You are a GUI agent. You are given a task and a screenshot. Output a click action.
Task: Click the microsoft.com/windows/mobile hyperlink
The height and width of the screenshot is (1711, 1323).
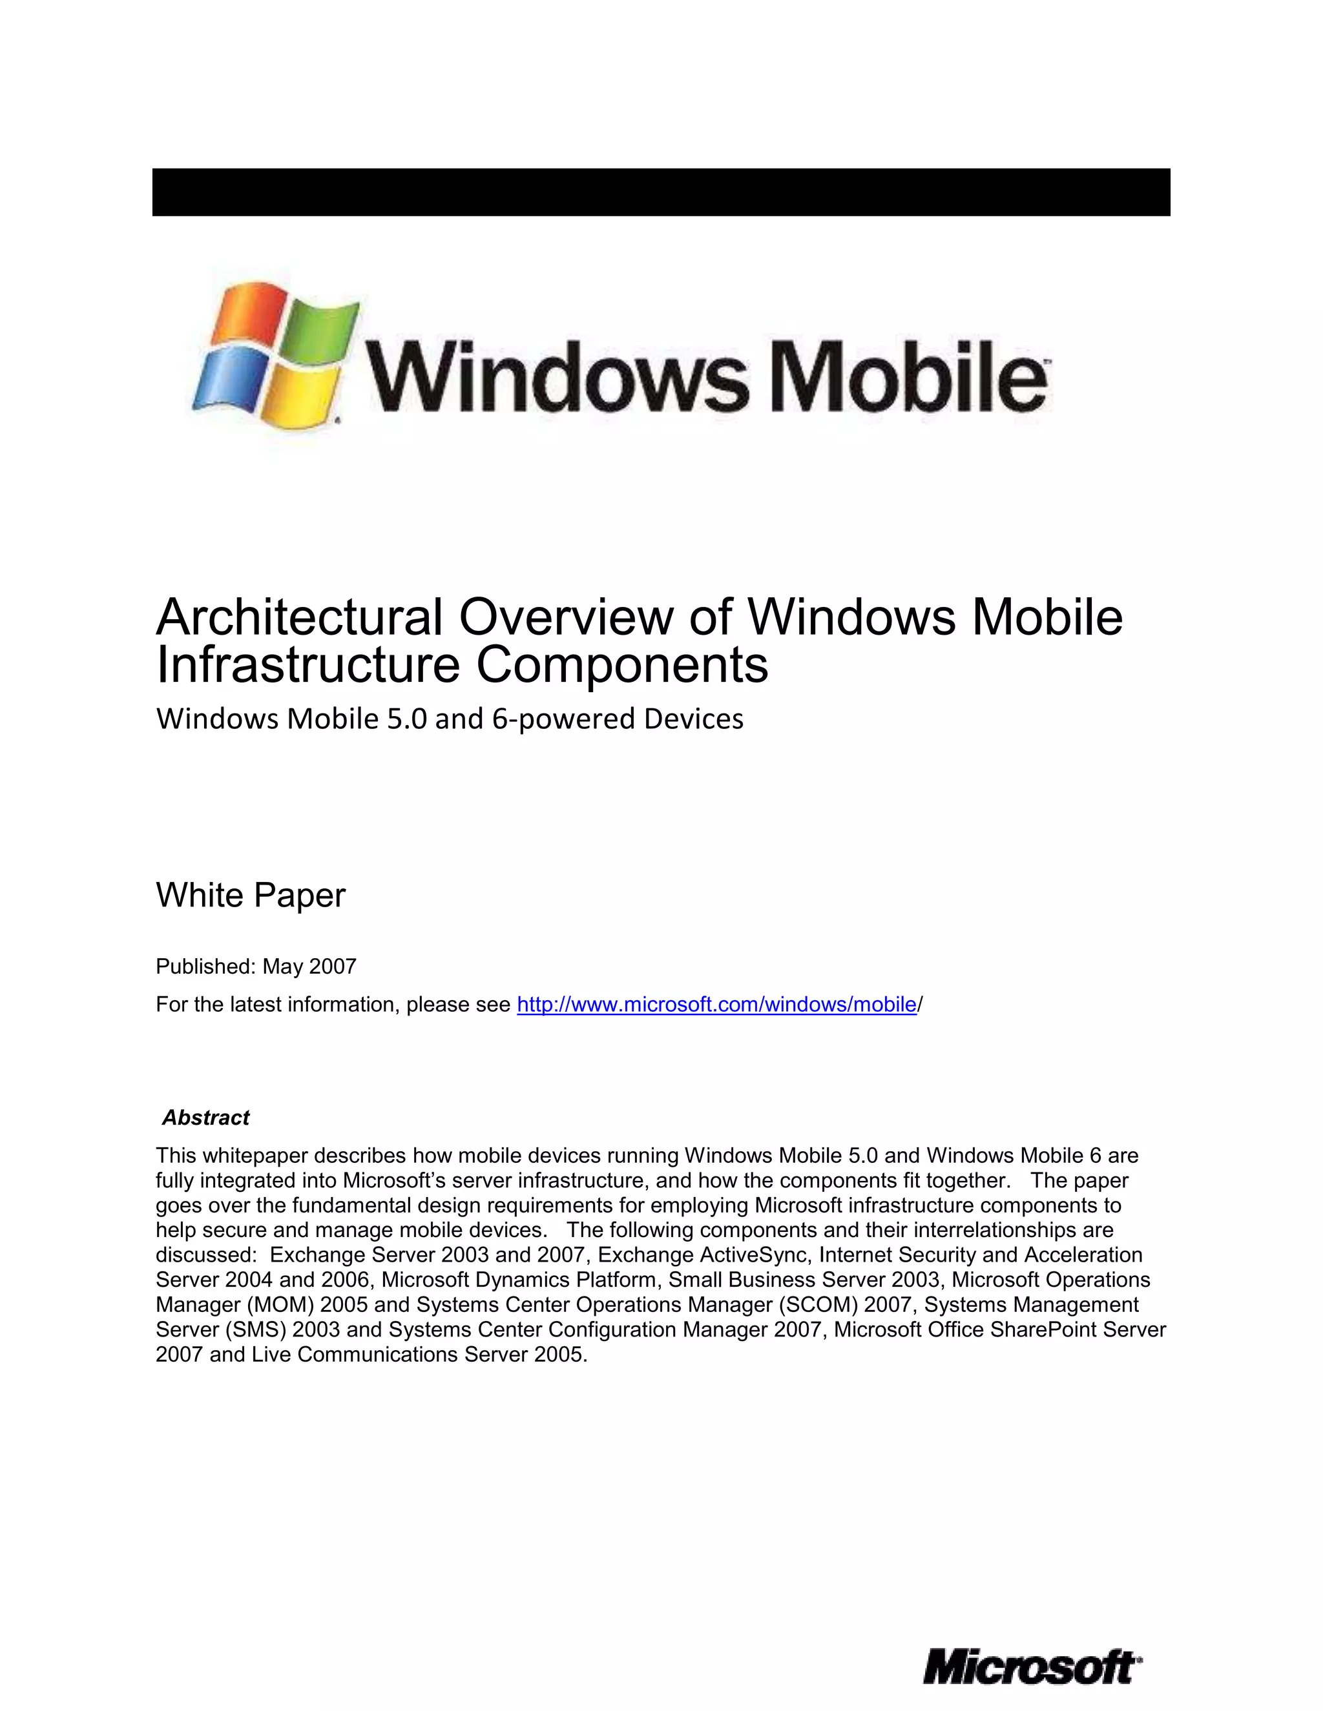tap(716, 1005)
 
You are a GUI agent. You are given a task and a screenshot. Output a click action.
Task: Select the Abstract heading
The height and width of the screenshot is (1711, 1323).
tap(205, 1117)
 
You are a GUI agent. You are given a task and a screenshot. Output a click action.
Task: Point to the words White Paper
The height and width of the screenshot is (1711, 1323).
tap(251, 896)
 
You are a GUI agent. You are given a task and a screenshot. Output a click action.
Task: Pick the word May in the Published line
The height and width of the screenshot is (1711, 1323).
tap(282, 967)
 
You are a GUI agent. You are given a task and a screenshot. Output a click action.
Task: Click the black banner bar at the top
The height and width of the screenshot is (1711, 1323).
tap(661, 192)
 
